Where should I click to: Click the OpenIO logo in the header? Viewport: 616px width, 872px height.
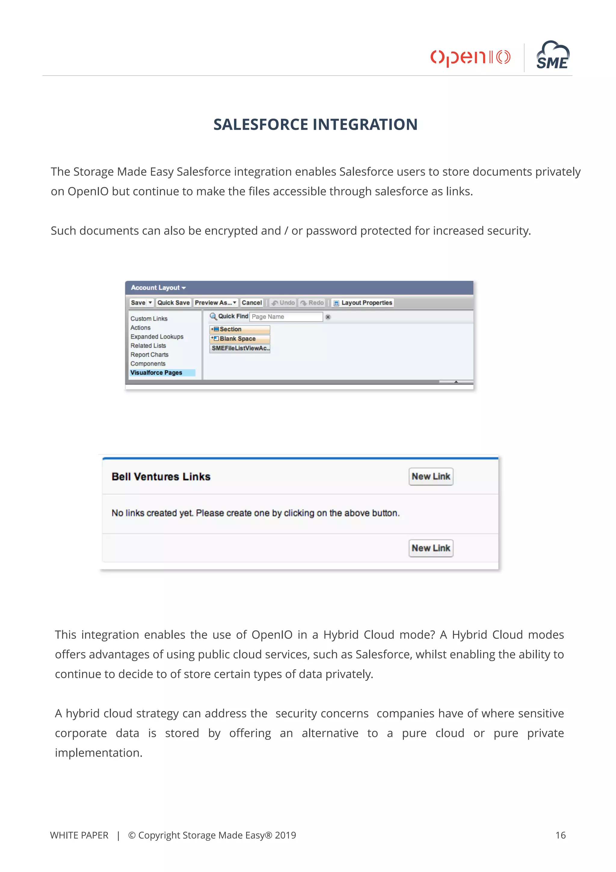(x=470, y=57)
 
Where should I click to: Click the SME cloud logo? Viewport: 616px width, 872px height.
(x=553, y=56)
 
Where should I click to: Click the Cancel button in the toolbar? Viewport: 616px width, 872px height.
(x=252, y=303)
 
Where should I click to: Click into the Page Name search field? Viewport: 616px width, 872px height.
(x=286, y=317)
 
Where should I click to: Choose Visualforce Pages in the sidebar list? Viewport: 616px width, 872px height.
(x=156, y=373)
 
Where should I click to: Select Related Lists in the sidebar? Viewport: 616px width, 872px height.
(x=148, y=346)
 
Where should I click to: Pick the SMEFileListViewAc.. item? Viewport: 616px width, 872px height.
(x=240, y=348)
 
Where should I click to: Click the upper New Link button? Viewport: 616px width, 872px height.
(x=431, y=477)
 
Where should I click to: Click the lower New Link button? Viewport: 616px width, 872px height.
(x=431, y=548)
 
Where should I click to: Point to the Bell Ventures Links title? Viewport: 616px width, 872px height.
(x=161, y=477)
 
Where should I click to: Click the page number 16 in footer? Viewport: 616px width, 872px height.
(x=560, y=835)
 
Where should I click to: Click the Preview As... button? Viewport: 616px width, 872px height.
(x=215, y=303)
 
